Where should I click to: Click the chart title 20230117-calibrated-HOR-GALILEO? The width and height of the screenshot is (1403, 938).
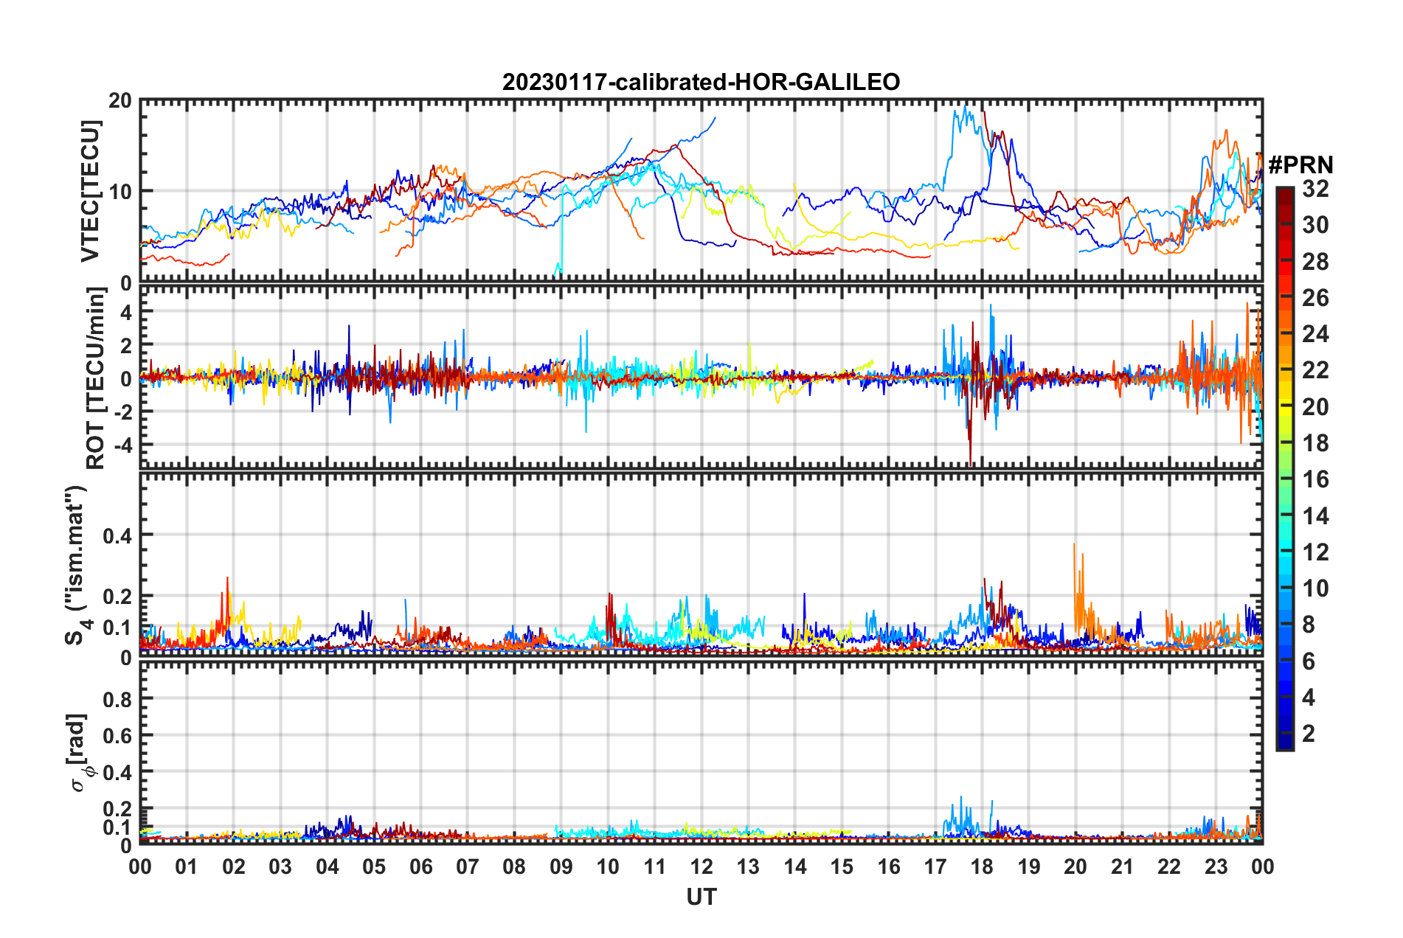pyautogui.click(x=701, y=82)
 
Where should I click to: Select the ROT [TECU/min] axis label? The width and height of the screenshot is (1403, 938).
pyautogui.click(x=96, y=378)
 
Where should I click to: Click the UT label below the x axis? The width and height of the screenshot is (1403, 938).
pyautogui.click(x=701, y=897)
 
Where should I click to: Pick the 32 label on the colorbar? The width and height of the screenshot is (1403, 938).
pyautogui.click(x=1315, y=189)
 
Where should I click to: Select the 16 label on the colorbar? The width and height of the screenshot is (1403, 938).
pyautogui.click(x=1315, y=479)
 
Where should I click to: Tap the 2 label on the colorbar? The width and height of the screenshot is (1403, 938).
pyautogui.click(x=1309, y=733)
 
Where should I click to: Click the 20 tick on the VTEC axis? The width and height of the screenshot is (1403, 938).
pyautogui.click(x=120, y=101)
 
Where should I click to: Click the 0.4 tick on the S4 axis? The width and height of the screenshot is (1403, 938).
pyautogui.click(x=117, y=535)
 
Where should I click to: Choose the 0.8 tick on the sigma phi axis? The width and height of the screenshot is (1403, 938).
pyautogui.click(x=117, y=699)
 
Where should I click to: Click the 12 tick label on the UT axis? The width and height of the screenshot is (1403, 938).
pyautogui.click(x=701, y=866)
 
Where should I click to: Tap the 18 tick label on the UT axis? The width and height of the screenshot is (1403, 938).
pyautogui.click(x=982, y=866)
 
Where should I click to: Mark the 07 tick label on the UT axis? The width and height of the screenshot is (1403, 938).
pyautogui.click(x=467, y=866)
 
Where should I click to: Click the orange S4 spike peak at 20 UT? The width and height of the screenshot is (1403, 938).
pyautogui.click(x=1074, y=545)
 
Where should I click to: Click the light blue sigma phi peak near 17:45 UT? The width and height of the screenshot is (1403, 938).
pyautogui.click(x=960, y=797)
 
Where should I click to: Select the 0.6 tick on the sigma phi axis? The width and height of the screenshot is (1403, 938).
pyautogui.click(x=117, y=736)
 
